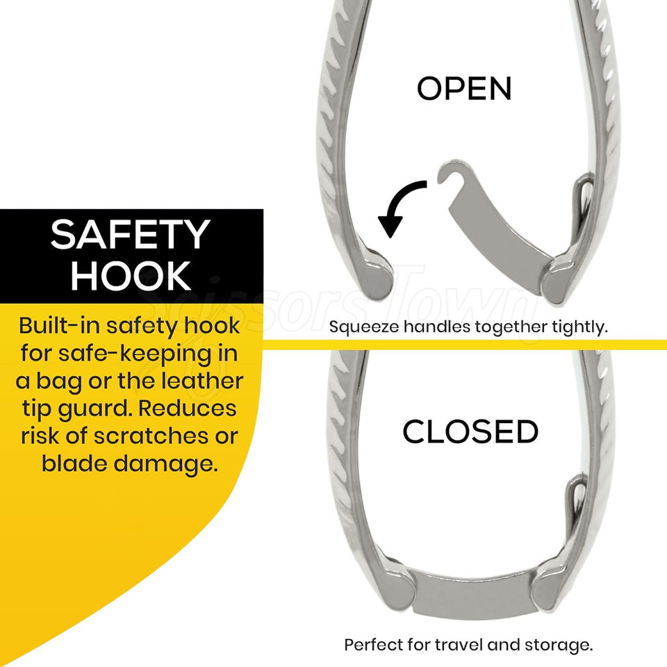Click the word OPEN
click(463, 88)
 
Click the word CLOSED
click(470, 431)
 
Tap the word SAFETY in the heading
click(130, 236)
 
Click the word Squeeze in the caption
click(364, 327)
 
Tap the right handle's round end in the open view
click(560, 281)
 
